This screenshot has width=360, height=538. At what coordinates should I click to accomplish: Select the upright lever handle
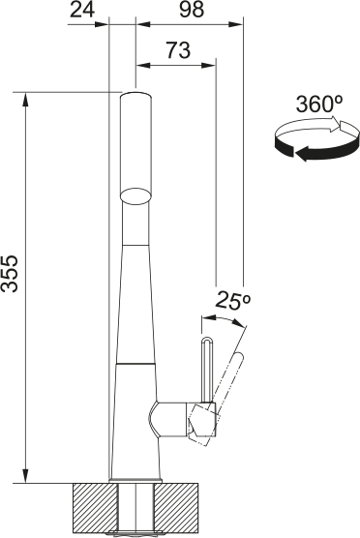pos(205,368)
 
